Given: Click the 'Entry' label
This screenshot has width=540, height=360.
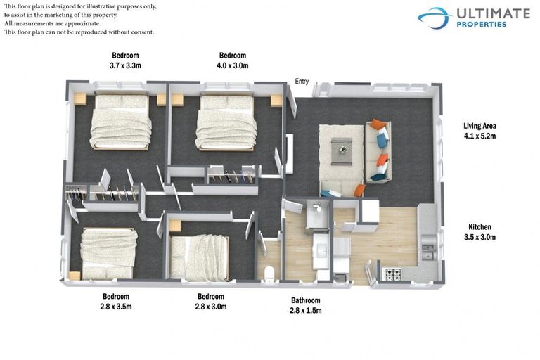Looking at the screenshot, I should [x=302, y=82].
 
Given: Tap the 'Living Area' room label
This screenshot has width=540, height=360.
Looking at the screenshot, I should [x=480, y=126].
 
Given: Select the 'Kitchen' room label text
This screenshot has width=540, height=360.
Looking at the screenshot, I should [x=480, y=227].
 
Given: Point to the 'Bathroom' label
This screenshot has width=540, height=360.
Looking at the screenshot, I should [x=306, y=300].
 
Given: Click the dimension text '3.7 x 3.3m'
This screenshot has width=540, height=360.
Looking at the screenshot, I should [x=125, y=65].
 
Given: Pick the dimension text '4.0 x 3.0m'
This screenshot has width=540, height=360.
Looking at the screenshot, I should [x=233, y=65].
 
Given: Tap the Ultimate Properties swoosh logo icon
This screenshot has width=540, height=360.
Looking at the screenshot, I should [x=434, y=17].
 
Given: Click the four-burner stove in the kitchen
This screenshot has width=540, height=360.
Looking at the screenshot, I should [x=392, y=272].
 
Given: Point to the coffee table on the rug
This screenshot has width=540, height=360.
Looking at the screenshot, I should [x=342, y=148].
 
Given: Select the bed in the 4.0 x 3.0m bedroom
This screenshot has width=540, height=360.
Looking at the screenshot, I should [x=225, y=122].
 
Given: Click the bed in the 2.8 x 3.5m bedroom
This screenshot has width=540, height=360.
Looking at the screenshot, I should [x=107, y=252].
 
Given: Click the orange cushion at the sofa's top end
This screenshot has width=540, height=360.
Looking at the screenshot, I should [x=379, y=125].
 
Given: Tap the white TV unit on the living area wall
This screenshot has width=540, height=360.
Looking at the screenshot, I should [x=289, y=153].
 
